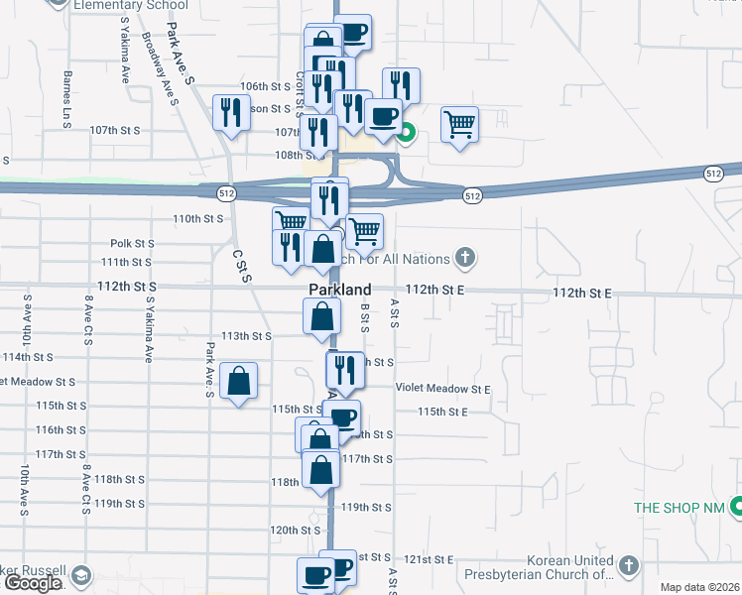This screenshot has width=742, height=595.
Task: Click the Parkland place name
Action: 339,290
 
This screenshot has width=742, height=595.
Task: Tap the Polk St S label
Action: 133,243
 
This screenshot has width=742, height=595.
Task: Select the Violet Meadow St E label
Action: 443,390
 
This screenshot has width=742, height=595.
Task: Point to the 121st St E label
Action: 434,560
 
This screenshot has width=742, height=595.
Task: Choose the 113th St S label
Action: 246,336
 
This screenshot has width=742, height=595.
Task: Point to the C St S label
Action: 240,265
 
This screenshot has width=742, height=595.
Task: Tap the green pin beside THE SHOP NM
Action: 736,508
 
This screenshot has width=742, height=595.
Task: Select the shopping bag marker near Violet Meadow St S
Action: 239,381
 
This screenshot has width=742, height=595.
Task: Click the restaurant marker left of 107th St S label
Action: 231,112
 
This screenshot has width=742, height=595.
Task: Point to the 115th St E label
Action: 442,412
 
